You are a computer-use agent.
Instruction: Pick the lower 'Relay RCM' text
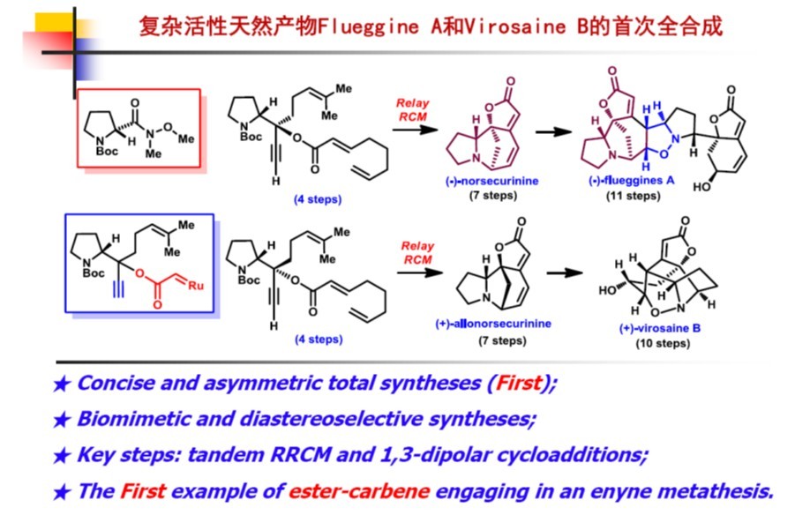click(417, 253)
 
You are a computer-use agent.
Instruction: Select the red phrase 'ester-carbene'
click(347, 491)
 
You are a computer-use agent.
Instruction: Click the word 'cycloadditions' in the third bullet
click(574, 455)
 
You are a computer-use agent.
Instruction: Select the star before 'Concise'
click(61, 384)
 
